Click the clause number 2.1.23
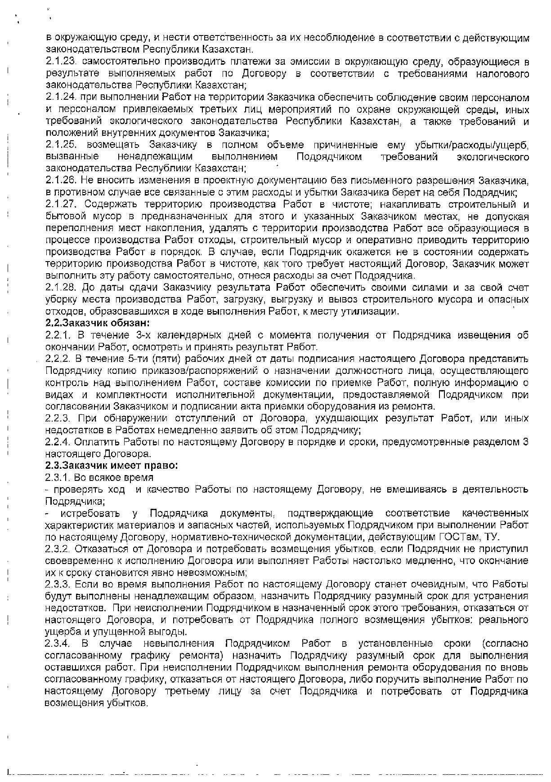pos(60,62)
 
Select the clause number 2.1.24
pos(60,98)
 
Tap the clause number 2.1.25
pos(60,145)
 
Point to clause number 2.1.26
pos(60,181)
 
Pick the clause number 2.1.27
pos(60,204)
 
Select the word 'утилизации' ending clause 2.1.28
pos(376,311)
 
